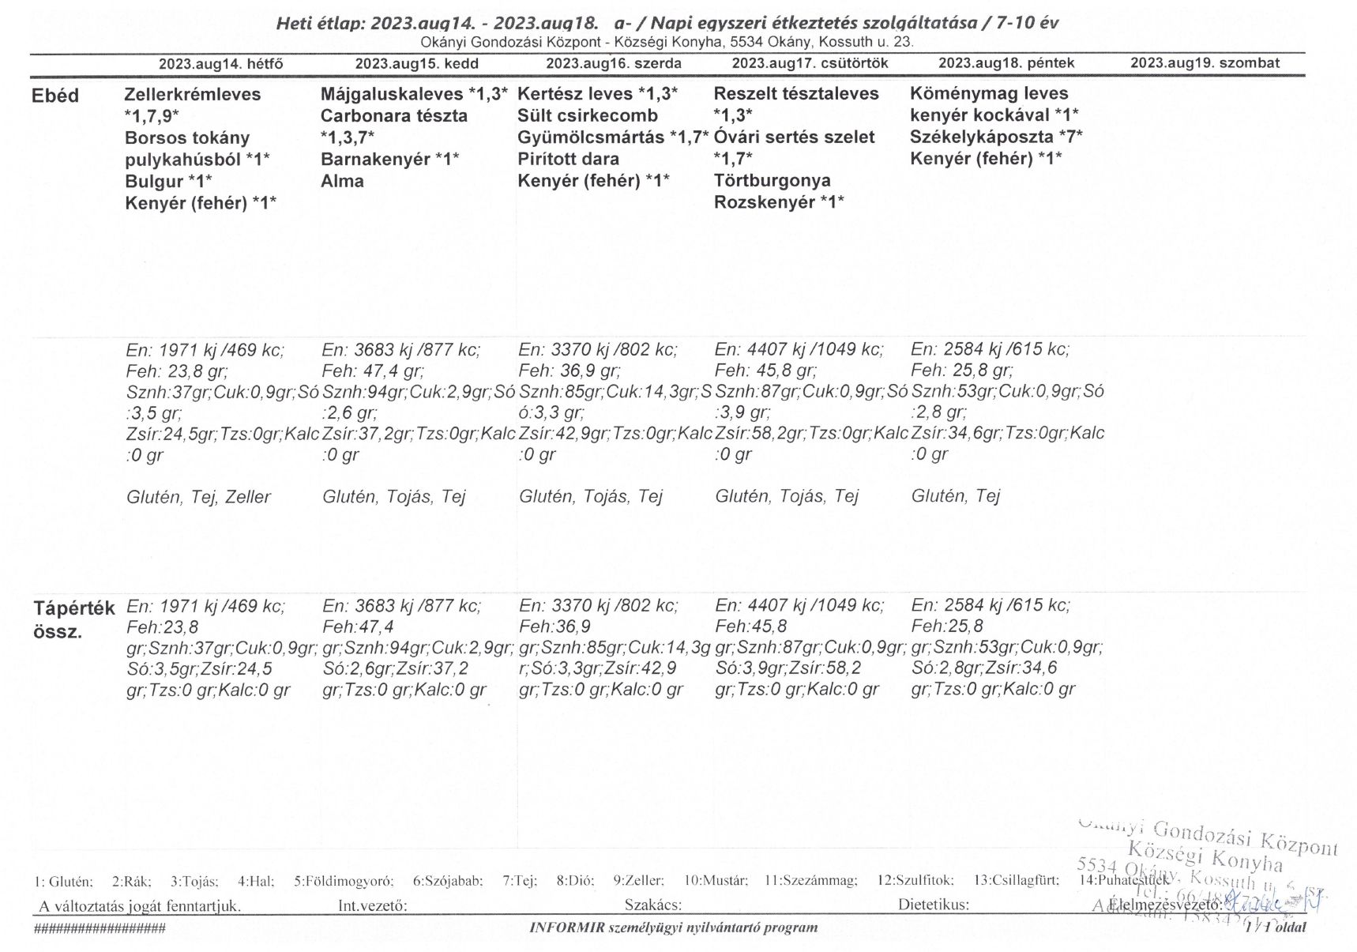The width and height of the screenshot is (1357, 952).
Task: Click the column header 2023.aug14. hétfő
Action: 220,64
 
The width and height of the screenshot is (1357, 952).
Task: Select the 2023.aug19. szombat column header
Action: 1205,63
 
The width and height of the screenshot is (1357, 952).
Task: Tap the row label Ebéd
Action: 55,96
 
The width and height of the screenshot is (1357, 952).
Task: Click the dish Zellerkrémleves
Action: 192,94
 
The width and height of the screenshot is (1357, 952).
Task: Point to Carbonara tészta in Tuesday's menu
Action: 393,116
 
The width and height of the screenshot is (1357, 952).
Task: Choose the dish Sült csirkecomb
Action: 587,116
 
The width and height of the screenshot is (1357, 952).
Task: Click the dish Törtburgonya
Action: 772,181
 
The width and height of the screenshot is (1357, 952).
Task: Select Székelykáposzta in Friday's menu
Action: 980,137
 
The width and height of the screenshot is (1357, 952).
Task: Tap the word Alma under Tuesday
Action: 342,181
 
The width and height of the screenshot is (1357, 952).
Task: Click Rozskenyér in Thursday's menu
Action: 764,202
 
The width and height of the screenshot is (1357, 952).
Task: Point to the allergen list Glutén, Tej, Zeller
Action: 198,497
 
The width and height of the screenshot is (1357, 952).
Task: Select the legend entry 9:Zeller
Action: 638,880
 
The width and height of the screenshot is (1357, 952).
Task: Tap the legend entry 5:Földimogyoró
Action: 344,880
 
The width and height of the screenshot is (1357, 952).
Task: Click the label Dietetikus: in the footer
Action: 933,905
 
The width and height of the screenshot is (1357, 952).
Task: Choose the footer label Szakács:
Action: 652,905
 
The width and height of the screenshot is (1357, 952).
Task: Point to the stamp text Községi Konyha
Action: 1205,856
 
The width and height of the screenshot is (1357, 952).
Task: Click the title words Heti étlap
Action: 318,24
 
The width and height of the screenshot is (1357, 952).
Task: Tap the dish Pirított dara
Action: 568,159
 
